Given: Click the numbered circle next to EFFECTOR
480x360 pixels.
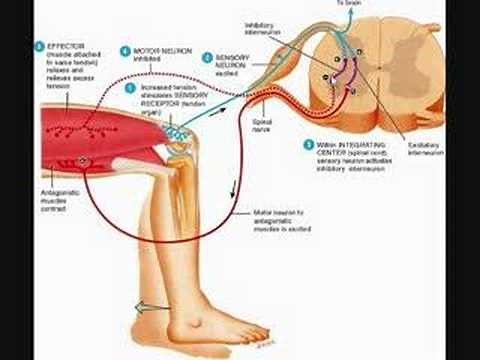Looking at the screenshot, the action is (38, 46).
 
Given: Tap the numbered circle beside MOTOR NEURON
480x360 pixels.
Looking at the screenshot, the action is (125, 49).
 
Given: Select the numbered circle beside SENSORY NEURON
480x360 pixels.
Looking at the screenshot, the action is (205, 58).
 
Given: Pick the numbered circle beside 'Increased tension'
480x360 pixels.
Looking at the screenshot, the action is (129, 87).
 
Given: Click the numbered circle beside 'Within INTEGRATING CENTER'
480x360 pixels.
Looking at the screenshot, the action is (308, 144).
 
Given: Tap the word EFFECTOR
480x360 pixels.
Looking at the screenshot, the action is (61, 46).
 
